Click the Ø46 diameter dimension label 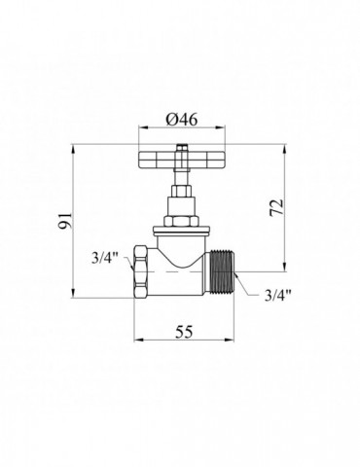tap(182, 120)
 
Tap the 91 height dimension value tap(65, 221)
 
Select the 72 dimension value tap(276, 207)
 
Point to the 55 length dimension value tap(184, 332)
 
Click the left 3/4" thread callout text tap(104, 259)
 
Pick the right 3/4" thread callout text tap(278, 296)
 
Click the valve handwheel tap(182, 160)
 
